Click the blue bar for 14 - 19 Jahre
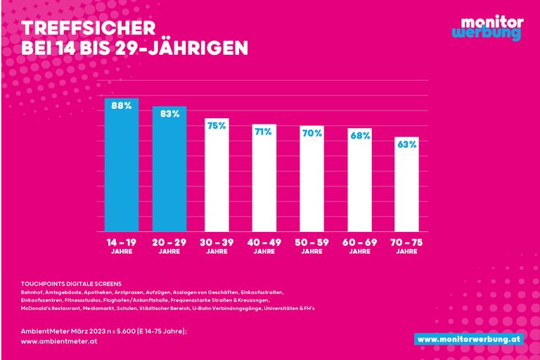tap(122, 169)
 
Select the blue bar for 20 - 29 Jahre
tap(169, 172)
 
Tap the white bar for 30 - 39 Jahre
tap(217, 179)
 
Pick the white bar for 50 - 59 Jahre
tap(312, 183)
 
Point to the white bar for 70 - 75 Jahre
tap(408, 186)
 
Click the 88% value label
tap(122, 106)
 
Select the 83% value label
tap(169, 114)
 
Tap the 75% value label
tap(217, 126)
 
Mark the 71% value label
tap(264, 131)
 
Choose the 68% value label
tap(360, 136)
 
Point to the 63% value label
tap(407, 144)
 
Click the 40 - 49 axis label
tap(264, 243)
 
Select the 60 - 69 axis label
tap(360, 243)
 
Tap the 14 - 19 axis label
tap(122, 243)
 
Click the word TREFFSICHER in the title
tap(88, 28)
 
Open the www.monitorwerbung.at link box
tap(468, 339)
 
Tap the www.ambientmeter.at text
tap(58, 341)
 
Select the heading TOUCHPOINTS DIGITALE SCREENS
tap(72, 283)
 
